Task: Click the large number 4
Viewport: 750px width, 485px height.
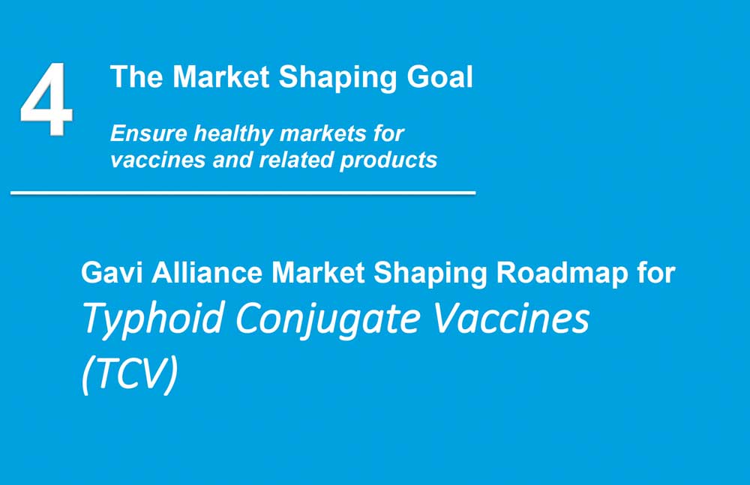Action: [46, 99]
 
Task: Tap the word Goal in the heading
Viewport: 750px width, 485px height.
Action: [440, 77]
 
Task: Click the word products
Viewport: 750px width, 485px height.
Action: [388, 160]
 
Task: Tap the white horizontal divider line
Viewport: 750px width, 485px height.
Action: [243, 193]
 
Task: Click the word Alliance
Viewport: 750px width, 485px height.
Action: [207, 273]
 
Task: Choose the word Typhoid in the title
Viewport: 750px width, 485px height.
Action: [153, 320]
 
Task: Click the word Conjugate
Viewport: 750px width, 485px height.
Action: [328, 320]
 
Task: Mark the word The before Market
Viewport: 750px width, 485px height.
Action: [136, 77]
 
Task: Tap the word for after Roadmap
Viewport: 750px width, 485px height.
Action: [655, 273]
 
